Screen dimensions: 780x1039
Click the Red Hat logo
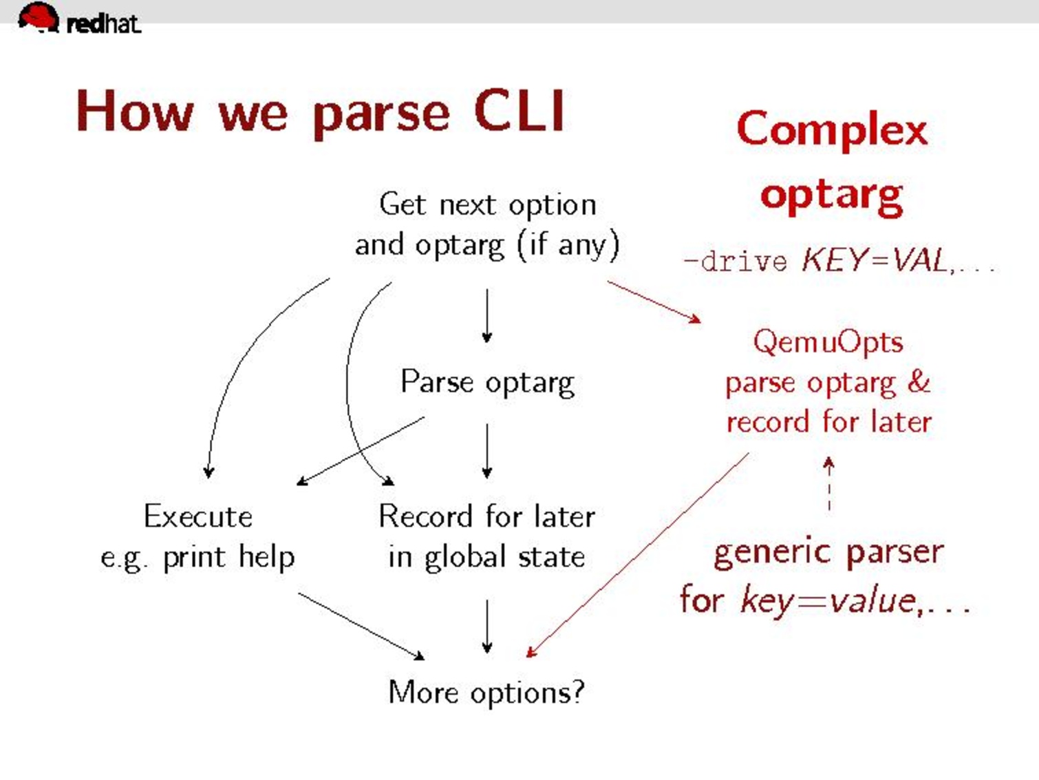pyautogui.click(x=78, y=19)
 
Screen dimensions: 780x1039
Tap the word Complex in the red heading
pyautogui.click(x=832, y=129)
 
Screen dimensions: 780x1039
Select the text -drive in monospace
pyautogui.click(x=735, y=262)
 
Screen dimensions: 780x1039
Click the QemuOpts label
pyautogui.click(x=828, y=342)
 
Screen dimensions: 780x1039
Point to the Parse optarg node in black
pyautogui.click(x=487, y=382)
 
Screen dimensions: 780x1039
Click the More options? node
pyautogui.click(x=486, y=692)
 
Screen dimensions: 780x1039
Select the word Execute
pyautogui.click(x=198, y=516)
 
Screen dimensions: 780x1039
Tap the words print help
pyautogui.click(x=228, y=557)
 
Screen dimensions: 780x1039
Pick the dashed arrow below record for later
pyautogui.click(x=829, y=485)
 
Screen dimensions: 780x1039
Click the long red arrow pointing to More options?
pyautogui.click(x=636, y=555)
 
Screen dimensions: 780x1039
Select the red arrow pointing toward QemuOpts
pyautogui.click(x=654, y=302)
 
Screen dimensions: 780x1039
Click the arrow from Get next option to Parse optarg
pyautogui.click(x=487, y=315)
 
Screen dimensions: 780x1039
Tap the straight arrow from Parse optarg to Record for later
pyautogui.click(x=487, y=451)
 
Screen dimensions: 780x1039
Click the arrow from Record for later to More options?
pyautogui.click(x=487, y=626)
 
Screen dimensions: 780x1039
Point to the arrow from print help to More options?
pyautogui.click(x=361, y=626)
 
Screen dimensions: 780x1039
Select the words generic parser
pyautogui.click(x=828, y=553)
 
